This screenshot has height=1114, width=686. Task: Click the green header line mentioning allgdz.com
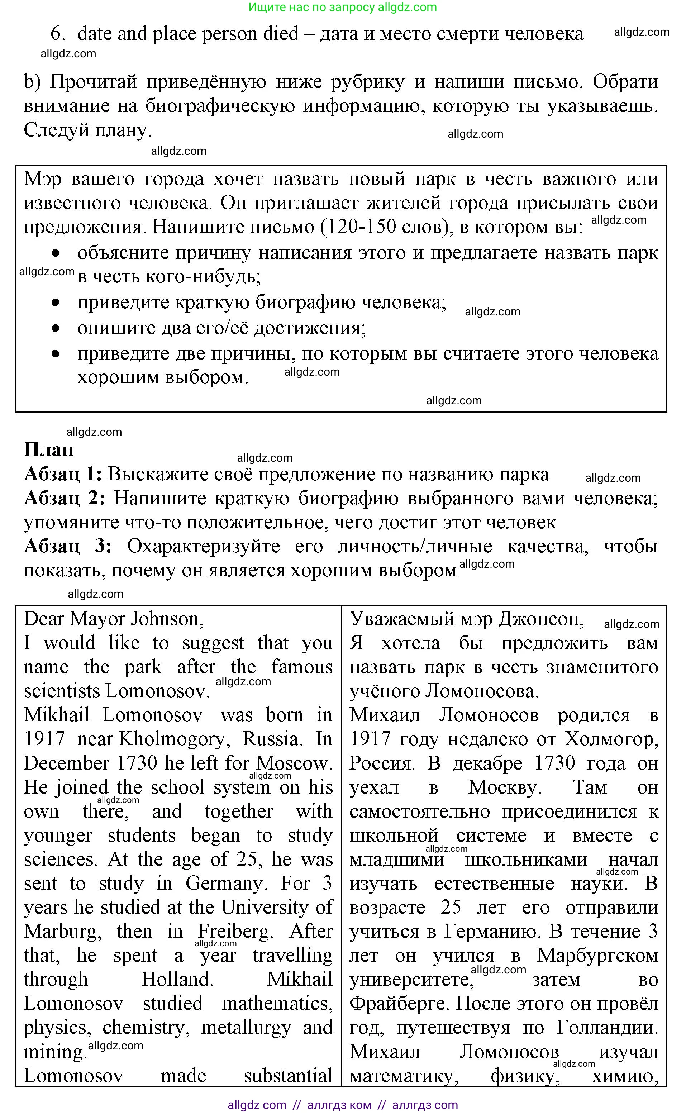tap(343, 7)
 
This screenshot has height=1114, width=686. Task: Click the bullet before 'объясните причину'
tap(55, 253)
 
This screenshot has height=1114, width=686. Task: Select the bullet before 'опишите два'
tap(55, 328)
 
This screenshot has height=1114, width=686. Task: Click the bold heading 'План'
tap(48, 449)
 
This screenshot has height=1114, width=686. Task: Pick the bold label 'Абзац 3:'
tap(67, 546)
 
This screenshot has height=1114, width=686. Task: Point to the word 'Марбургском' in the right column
tap(597, 955)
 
